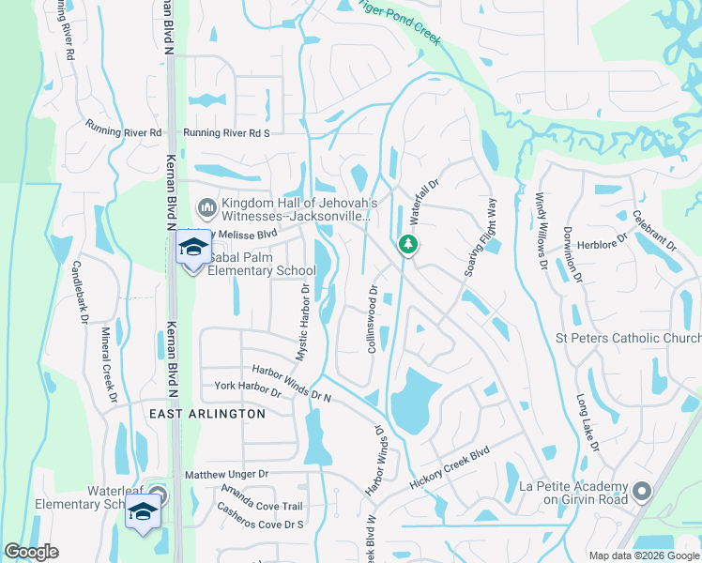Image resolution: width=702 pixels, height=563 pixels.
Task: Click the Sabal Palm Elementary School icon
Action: coord(193,248)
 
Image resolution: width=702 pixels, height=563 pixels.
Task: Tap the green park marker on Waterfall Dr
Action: coord(407,245)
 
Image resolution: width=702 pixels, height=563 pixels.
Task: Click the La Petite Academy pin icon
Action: coord(642,491)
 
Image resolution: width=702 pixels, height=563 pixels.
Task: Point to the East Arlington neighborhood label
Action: coord(206,413)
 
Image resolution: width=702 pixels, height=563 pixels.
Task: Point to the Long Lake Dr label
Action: coord(588,422)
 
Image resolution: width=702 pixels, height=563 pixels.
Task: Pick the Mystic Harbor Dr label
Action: coord(303,323)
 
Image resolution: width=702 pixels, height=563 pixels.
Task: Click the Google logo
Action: coord(31,552)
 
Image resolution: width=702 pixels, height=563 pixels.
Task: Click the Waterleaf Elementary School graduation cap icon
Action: coord(143,512)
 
